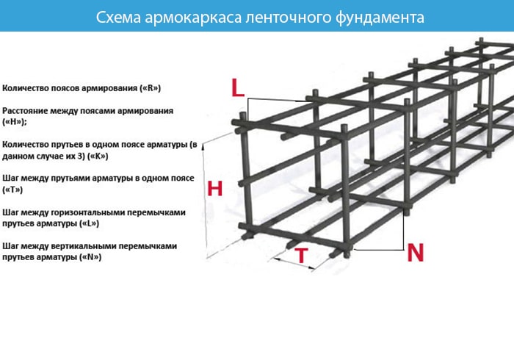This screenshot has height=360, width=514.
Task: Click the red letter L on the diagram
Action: (238, 87)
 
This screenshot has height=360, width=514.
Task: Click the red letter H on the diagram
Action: (214, 189)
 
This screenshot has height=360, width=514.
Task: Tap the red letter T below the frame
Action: (302, 256)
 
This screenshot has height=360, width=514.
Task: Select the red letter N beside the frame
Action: (416, 253)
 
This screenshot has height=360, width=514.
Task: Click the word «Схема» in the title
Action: (118, 18)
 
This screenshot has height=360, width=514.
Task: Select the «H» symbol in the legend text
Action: (13, 122)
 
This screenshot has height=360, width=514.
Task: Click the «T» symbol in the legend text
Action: (12, 190)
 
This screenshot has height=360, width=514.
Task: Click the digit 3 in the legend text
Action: (81, 156)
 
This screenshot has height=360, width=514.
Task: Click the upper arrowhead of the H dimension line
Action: (203, 146)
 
